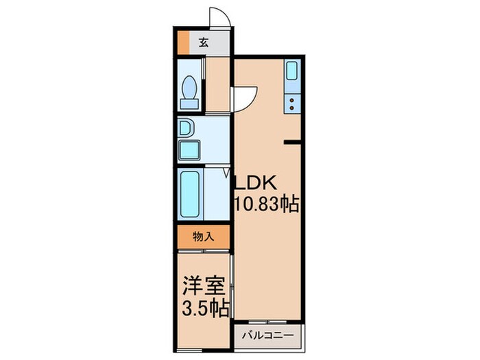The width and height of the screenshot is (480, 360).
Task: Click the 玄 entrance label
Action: tap(204, 43)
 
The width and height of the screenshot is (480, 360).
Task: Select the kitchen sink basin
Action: tap(291, 71)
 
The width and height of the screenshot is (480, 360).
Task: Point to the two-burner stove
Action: tap(291, 103)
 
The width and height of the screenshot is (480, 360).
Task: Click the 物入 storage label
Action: tap(203, 237)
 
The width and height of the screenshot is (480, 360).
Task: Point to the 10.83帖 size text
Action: tap(267, 204)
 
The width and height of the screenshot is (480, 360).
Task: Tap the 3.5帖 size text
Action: tap(204, 307)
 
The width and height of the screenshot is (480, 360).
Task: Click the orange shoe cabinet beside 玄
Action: tap(182, 43)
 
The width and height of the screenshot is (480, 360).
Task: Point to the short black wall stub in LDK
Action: tap(293, 143)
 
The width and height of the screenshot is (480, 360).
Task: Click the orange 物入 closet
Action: tap(203, 237)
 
